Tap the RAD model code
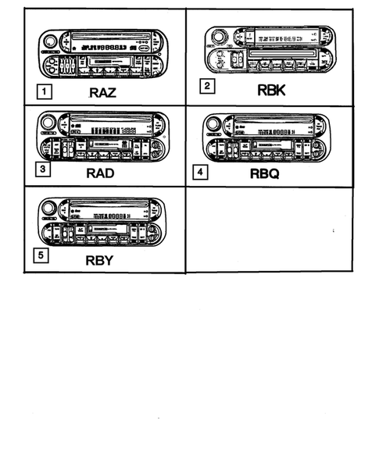click(101, 173)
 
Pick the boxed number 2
click(206, 87)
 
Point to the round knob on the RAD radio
click(48, 123)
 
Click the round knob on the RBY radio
click(49, 209)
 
